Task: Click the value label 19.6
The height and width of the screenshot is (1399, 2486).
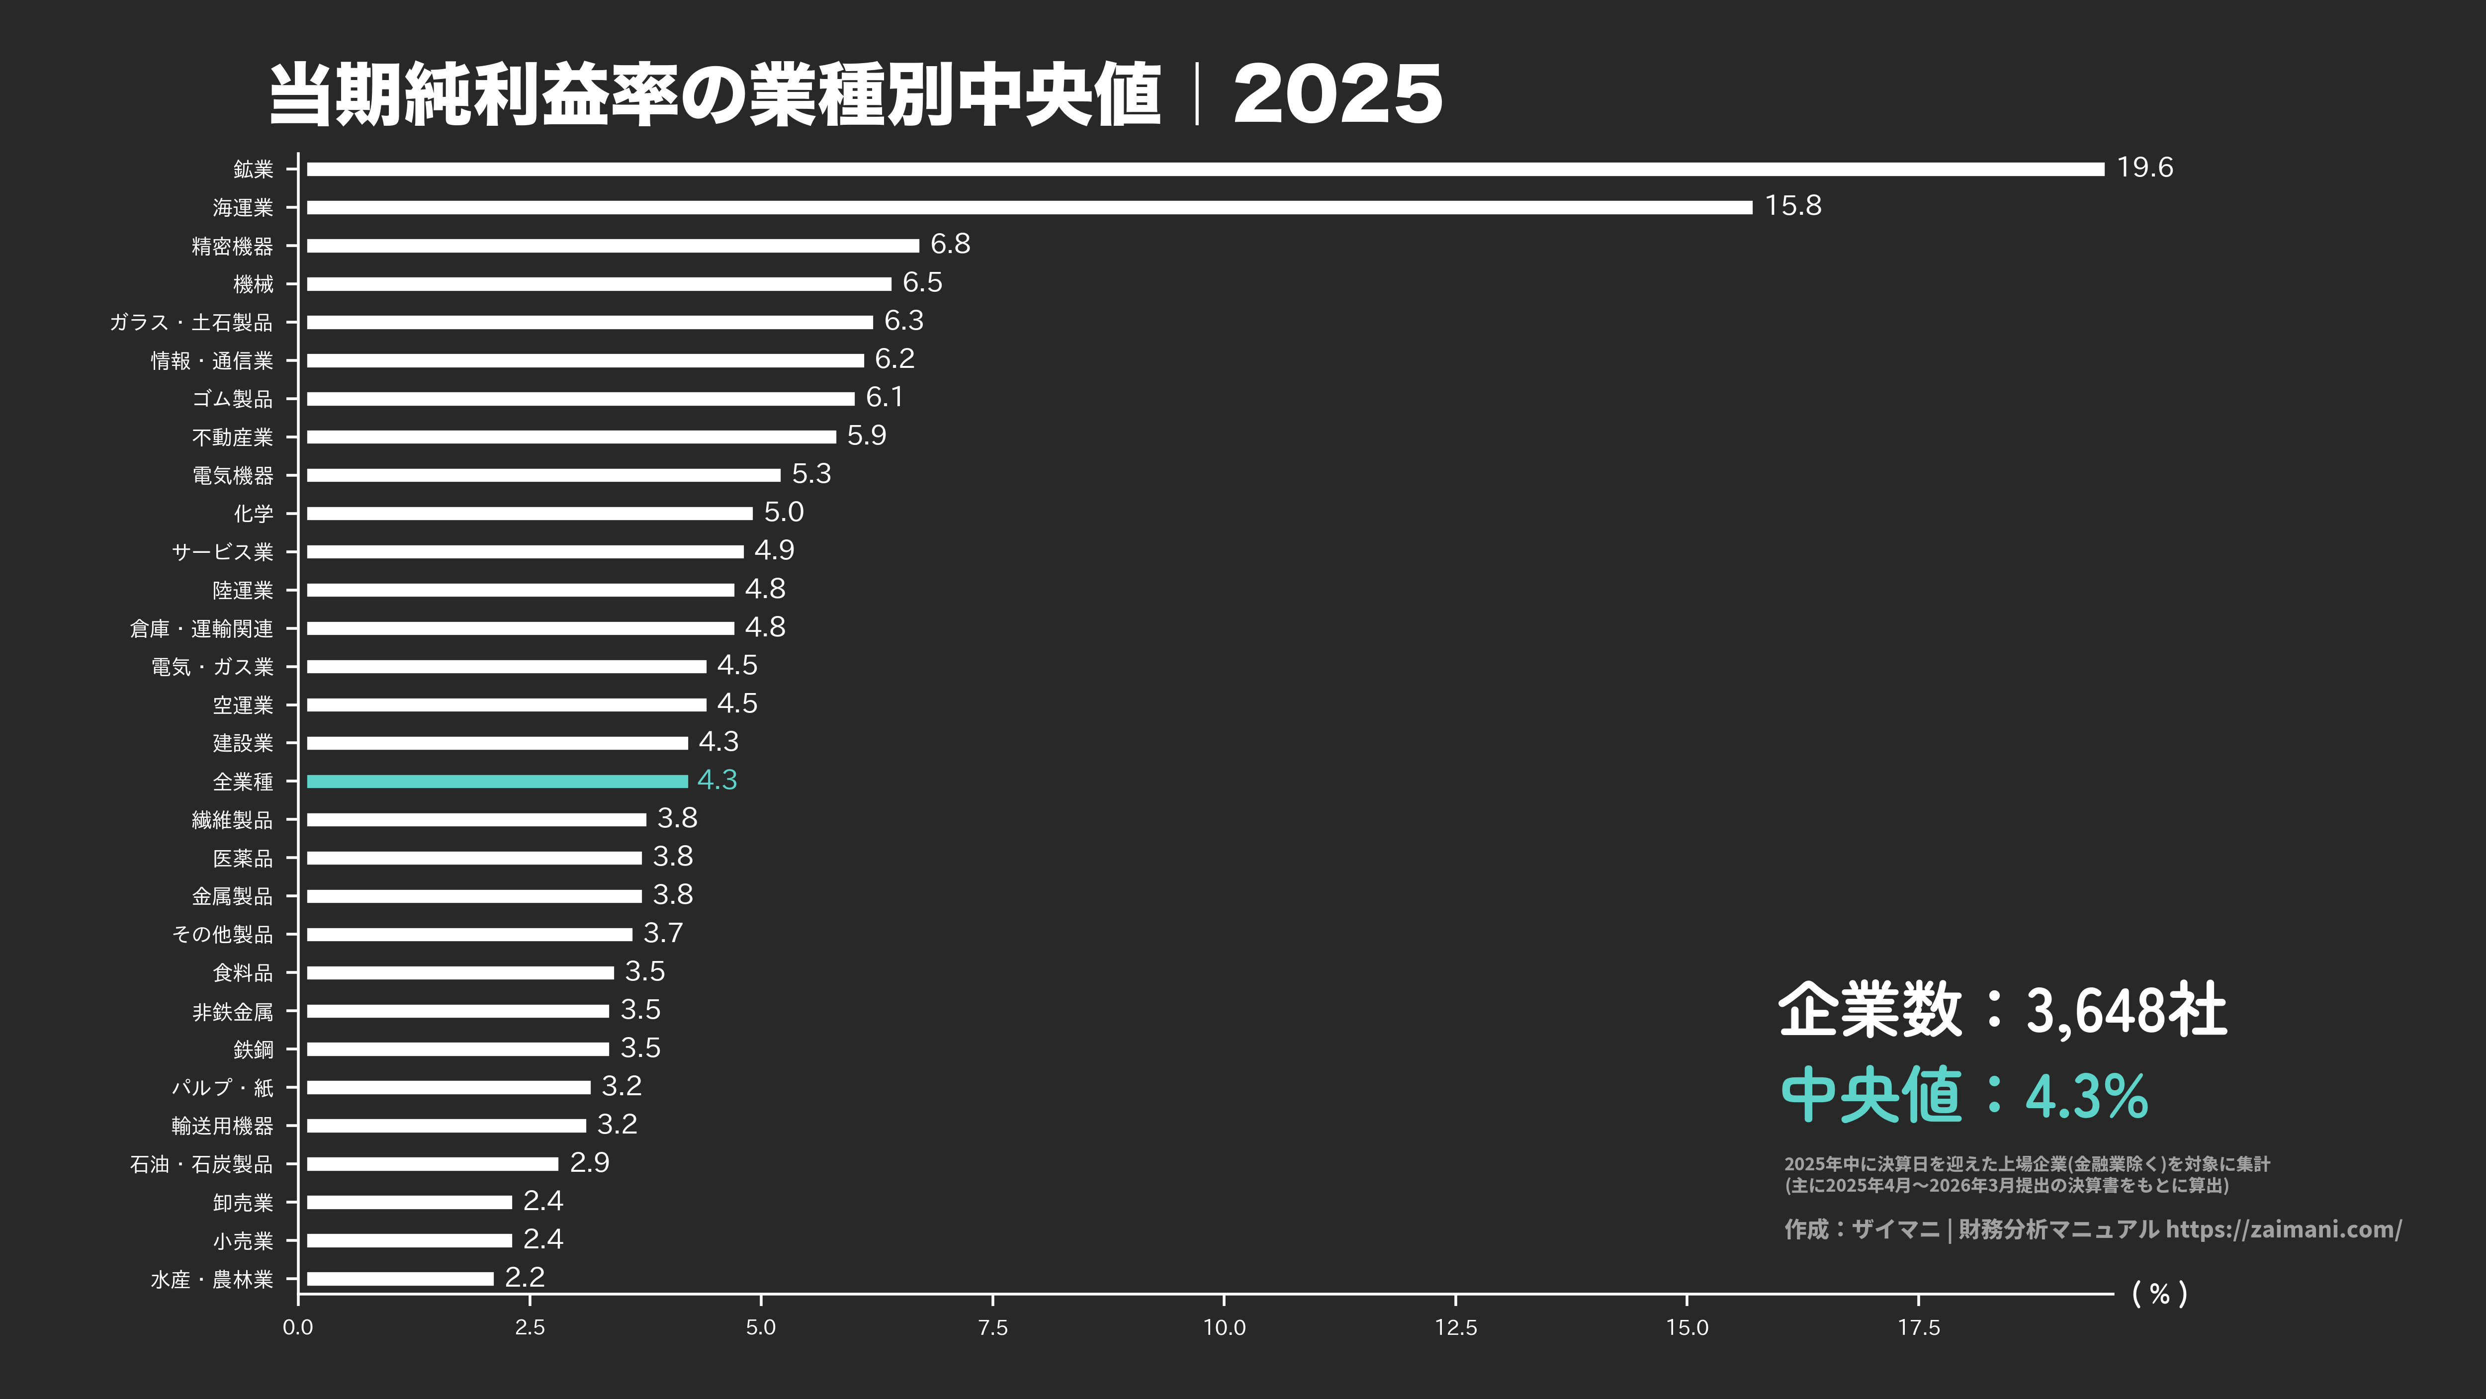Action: click(2144, 168)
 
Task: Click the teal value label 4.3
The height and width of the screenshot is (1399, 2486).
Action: click(717, 780)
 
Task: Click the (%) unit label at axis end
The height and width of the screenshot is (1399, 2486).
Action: click(2159, 1294)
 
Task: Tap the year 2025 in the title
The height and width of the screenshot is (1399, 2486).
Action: click(1337, 94)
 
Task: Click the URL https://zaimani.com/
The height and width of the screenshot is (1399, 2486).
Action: click(2283, 1229)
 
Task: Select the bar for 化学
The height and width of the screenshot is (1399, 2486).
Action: click(529, 513)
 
